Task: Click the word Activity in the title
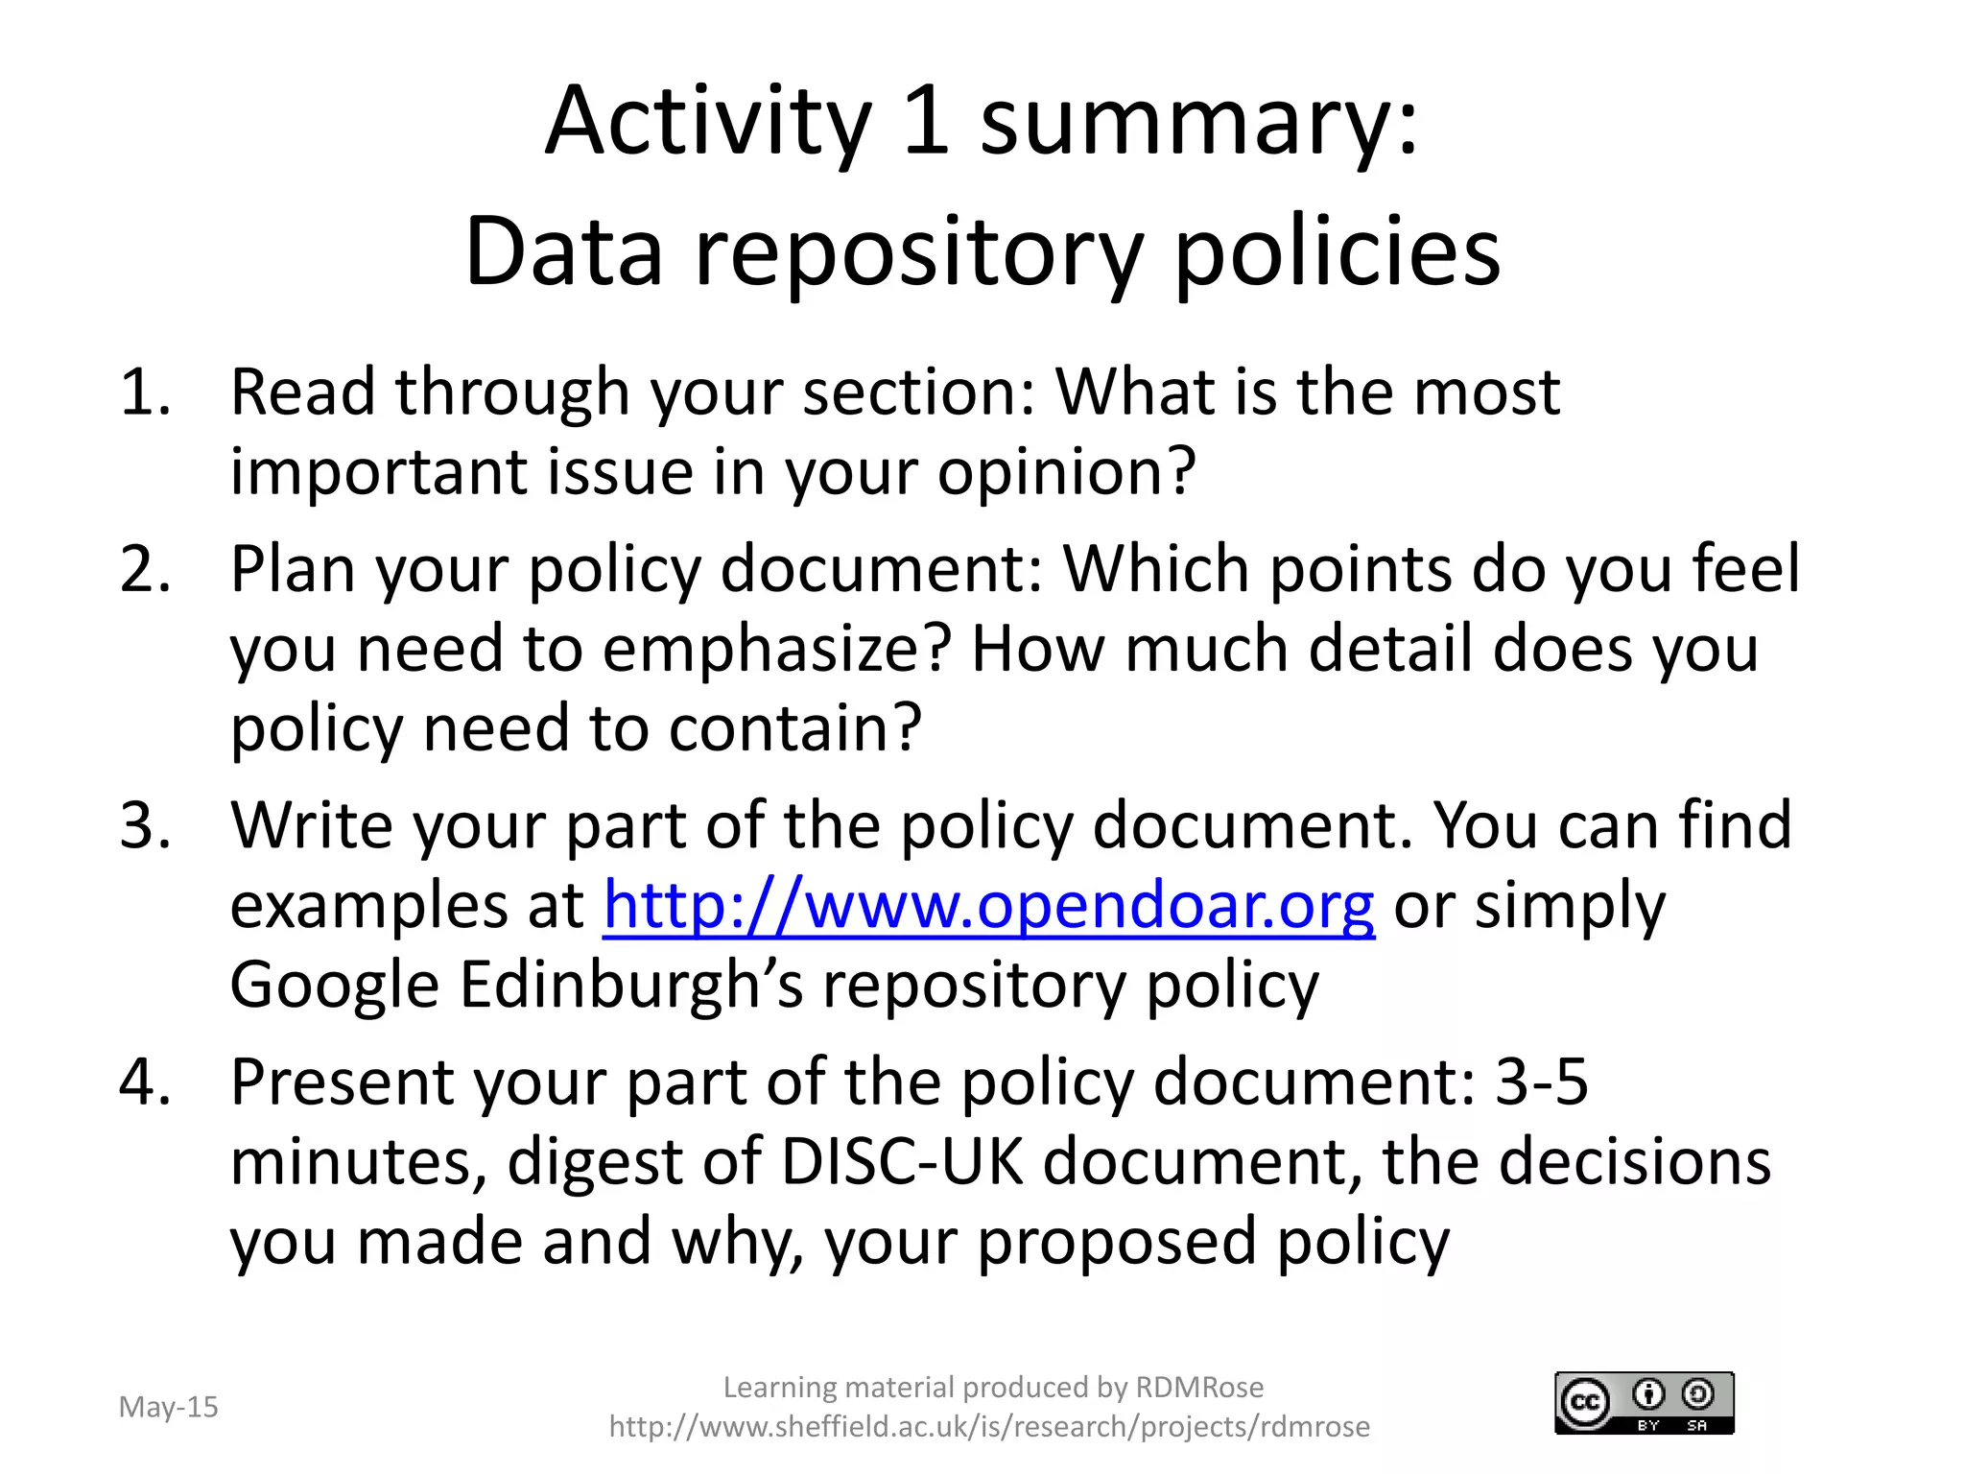708,123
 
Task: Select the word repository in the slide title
918,251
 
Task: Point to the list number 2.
144,568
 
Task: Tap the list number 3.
144,824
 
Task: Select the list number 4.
144,1082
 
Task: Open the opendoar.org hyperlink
988,905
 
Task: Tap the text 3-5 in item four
1541,1082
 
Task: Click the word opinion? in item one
1067,472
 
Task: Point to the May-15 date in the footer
168,1407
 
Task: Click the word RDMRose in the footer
1199,1387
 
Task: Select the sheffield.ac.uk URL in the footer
989,1427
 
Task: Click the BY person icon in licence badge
1648,1393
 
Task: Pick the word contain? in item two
794,728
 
